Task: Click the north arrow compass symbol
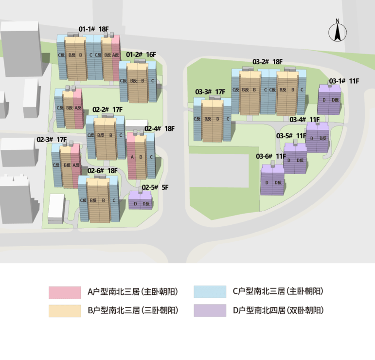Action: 338,32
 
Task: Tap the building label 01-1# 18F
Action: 94,29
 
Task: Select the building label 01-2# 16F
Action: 141,54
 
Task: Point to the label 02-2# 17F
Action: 107,109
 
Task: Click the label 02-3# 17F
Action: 52,140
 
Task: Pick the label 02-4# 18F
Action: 160,129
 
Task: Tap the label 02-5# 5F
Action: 155,187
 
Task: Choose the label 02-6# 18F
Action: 102,171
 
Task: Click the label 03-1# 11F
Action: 344,81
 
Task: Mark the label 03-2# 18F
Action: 268,62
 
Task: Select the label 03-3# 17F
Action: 210,92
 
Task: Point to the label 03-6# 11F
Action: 271,157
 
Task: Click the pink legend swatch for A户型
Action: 65,292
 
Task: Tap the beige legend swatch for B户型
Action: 65,311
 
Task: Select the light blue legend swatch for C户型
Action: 210,292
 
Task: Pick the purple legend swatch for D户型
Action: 210,310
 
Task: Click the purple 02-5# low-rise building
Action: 141,200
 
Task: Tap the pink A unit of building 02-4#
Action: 131,156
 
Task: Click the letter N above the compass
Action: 338,21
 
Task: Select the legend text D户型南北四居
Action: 259,310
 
